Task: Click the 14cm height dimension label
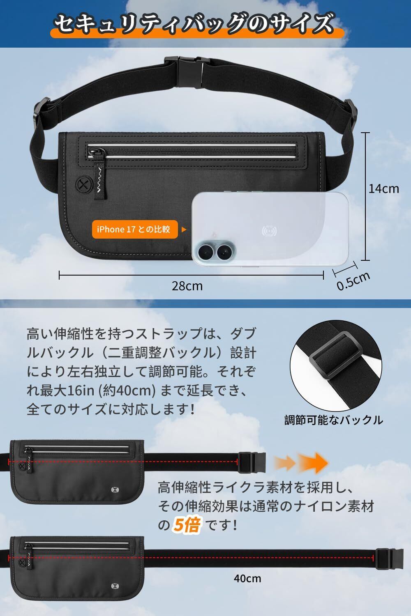coord(383,189)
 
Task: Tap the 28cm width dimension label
coord(187,286)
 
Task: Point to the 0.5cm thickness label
coord(353,281)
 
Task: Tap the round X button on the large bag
coord(82,184)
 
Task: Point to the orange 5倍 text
coord(187,525)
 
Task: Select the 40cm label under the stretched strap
coord(247,579)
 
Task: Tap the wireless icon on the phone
coord(269,231)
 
